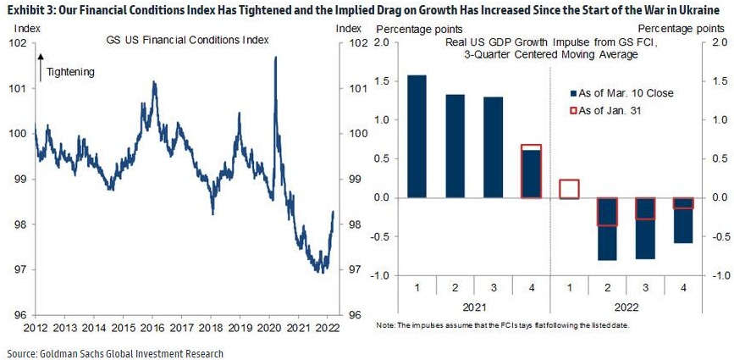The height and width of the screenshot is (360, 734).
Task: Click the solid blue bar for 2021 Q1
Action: click(x=417, y=136)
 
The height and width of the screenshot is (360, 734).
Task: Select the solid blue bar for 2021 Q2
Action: click(x=455, y=146)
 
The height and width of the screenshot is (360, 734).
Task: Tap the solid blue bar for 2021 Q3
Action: click(x=493, y=147)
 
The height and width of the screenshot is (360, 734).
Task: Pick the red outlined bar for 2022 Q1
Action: click(x=569, y=189)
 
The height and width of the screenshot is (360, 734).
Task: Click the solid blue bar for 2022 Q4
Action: click(x=682, y=220)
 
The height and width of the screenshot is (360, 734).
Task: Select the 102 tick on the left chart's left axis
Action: click(x=19, y=42)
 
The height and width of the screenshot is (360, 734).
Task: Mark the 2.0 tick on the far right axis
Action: click(x=719, y=42)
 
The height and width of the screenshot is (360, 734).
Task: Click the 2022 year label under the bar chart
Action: click(x=627, y=309)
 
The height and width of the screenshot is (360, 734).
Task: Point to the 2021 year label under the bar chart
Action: click(x=475, y=309)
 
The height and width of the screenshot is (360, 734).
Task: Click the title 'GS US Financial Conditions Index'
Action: click(x=174, y=41)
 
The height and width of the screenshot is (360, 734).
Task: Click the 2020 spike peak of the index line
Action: click(x=276, y=58)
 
